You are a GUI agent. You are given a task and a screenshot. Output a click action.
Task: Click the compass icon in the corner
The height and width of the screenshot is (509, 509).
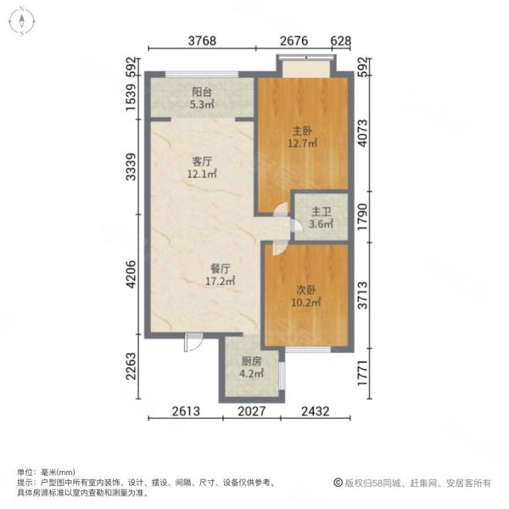pyautogui.click(x=20, y=20)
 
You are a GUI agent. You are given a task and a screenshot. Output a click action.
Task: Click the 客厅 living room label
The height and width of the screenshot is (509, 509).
pyautogui.click(x=202, y=161)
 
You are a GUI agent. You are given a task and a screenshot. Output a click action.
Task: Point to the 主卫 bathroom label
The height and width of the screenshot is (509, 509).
pyautogui.click(x=321, y=213)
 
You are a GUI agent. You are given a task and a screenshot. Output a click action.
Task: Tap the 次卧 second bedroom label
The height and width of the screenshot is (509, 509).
pyautogui.click(x=305, y=289)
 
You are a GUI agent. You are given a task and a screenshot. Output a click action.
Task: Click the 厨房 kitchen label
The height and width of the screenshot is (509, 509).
pyautogui.click(x=250, y=360)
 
